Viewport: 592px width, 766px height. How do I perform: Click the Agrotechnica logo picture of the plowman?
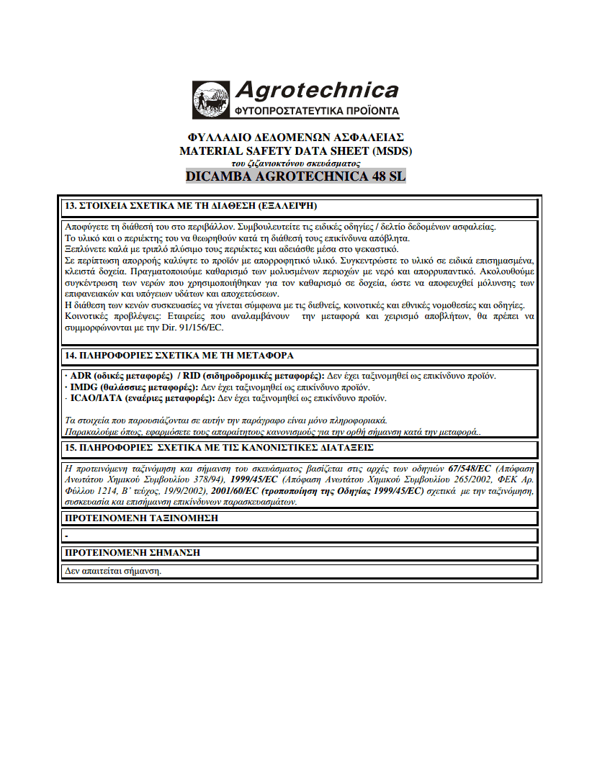pyautogui.click(x=211, y=100)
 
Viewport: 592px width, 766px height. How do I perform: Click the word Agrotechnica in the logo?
pyautogui.click(x=316, y=90)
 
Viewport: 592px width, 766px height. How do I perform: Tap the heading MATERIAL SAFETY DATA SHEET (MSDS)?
pyautogui.click(x=296, y=151)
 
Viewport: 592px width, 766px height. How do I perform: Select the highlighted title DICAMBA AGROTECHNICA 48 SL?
pyautogui.click(x=296, y=176)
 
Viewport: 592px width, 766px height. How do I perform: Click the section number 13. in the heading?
pyautogui.click(x=71, y=206)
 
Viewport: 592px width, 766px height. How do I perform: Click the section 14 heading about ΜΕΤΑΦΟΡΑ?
pyautogui.click(x=179, y=356)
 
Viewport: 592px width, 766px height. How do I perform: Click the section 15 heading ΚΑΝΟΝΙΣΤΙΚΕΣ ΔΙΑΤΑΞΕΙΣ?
pyautogui.click(x=219, y=447)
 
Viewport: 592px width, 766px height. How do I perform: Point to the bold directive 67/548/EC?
pyautogui.click(x=470, y=468)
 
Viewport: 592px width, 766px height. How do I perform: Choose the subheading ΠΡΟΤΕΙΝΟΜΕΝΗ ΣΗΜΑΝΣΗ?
pyautogui.click(x=133, y=552)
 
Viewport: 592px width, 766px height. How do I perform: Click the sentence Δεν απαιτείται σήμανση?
pyautogui.click(x=113, y=571)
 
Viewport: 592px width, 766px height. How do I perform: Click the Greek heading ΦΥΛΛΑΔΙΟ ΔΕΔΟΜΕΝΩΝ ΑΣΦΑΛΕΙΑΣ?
pyautogui.click(x=295, y=137)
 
